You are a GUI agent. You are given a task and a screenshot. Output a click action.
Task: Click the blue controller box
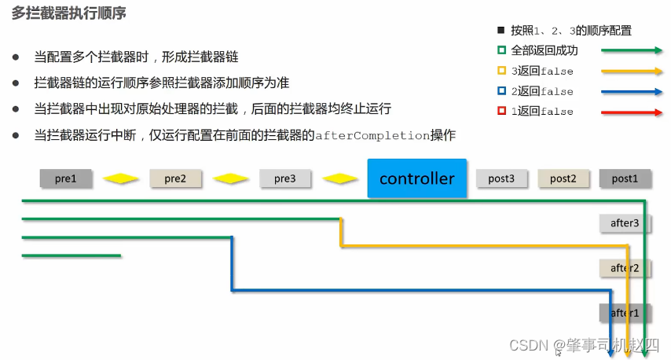coord(416,178)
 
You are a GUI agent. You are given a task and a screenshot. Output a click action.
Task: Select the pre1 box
coord(66,178)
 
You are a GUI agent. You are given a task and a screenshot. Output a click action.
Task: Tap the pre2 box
coord(175,178)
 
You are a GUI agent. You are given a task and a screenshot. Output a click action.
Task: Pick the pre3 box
coord(285,178)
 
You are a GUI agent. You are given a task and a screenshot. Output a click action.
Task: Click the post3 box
coord(501,178)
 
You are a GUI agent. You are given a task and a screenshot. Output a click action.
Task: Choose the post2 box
coord(563,178)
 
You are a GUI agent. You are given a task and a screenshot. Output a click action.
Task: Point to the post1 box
coord(625,178)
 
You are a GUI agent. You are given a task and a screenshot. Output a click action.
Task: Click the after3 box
coord(625,223)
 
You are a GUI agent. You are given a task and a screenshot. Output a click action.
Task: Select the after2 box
coord(625,268)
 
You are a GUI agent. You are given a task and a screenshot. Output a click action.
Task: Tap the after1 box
coord(625,313)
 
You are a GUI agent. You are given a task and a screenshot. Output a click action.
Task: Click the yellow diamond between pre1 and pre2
coord(121,178)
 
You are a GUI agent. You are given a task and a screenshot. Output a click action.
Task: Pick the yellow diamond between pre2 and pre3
coord(230,178)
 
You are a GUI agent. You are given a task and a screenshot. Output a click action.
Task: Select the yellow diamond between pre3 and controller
coord(340,178)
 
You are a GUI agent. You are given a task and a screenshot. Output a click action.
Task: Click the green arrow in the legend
coord(632,50)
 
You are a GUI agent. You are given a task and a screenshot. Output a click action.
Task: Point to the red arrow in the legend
coord(632,112)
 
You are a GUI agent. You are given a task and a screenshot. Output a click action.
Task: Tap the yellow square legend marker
coord(501,71)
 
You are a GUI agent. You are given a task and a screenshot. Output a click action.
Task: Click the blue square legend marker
coord(501,91)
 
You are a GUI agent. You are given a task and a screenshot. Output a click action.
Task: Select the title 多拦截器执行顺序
coord(70,14)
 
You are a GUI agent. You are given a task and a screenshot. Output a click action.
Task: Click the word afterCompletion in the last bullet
coord(372,135)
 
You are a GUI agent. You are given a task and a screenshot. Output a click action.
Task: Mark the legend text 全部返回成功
coord(544,50)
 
